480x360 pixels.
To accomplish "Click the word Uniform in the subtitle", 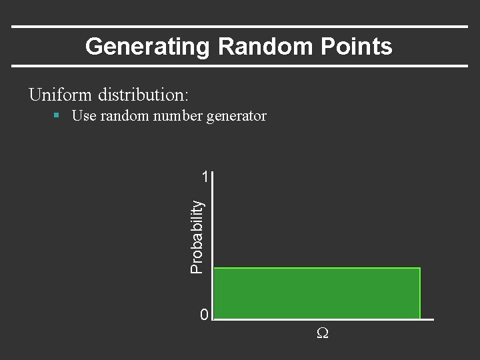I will tap(61, 95).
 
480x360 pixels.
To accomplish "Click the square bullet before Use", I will tap(57, 115).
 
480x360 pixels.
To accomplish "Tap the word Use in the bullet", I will tap(83, 116).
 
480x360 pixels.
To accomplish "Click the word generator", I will tap(236, 116).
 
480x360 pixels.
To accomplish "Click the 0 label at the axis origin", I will tap(205, 314).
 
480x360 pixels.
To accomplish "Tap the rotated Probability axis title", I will tap(197, 237).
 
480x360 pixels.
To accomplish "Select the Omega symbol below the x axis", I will tap(322, 333).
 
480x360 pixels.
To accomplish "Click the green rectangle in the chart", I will tap(317, 293).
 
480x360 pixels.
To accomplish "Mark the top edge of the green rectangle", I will tap(317, 268).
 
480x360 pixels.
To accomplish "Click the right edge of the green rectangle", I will tap(420, 293).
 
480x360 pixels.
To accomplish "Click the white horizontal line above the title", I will tap(240, 27).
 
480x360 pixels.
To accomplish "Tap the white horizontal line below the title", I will tap(240, 66).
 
